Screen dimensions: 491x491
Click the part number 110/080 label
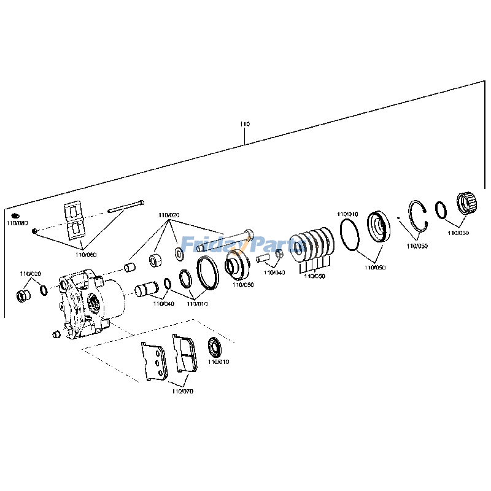(x=18, y=223)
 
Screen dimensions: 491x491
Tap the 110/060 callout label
(x=86, y=254)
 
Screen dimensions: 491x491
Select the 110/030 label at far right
(x=458, y=233)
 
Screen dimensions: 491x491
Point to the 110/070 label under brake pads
(x=183, y=390)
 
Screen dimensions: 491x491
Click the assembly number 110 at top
(x=245, y=124)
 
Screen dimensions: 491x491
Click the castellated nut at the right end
(x=468, y=203)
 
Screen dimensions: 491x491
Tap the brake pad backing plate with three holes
(x=155, y=361)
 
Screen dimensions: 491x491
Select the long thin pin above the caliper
(x=126, y=206)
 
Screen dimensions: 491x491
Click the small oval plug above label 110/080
(x=16, y=215)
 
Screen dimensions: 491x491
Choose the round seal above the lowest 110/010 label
(x=215, y=347)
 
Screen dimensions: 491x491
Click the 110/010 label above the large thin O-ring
(x=347, y=214)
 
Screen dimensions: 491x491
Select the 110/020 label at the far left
(x=30, y=273)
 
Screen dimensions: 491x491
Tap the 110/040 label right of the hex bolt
(x=275, y=272)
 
